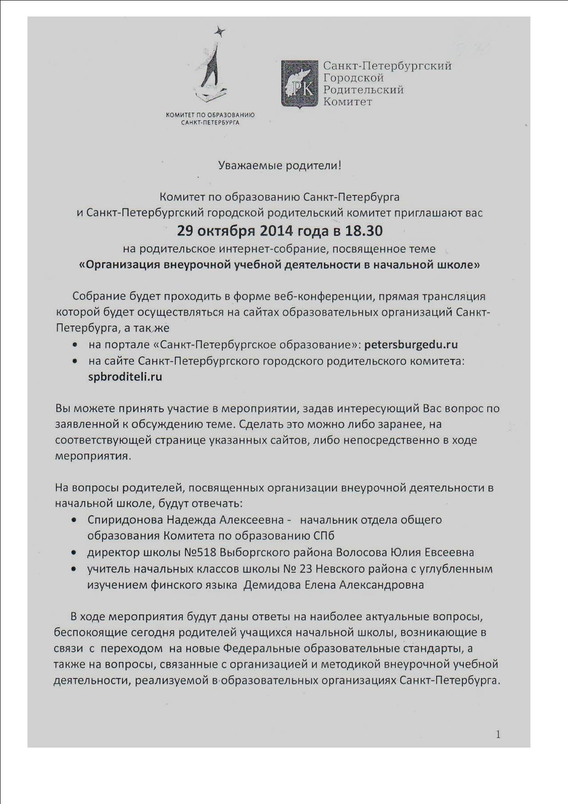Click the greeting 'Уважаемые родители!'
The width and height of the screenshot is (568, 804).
click(279, 165)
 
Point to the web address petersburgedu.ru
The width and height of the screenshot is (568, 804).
click(411, 345)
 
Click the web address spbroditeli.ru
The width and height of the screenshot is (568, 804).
click(125, 377)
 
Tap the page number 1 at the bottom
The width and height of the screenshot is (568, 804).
click(498, 735)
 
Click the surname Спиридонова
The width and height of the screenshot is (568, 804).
click(125, 520)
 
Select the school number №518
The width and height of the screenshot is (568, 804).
click(200, 552)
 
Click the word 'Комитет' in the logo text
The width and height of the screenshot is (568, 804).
click(348, 102)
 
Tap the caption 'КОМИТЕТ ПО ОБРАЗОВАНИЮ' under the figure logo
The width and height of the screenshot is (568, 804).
click(210, 115)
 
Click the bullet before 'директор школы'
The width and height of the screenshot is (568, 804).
click(74, 553)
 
